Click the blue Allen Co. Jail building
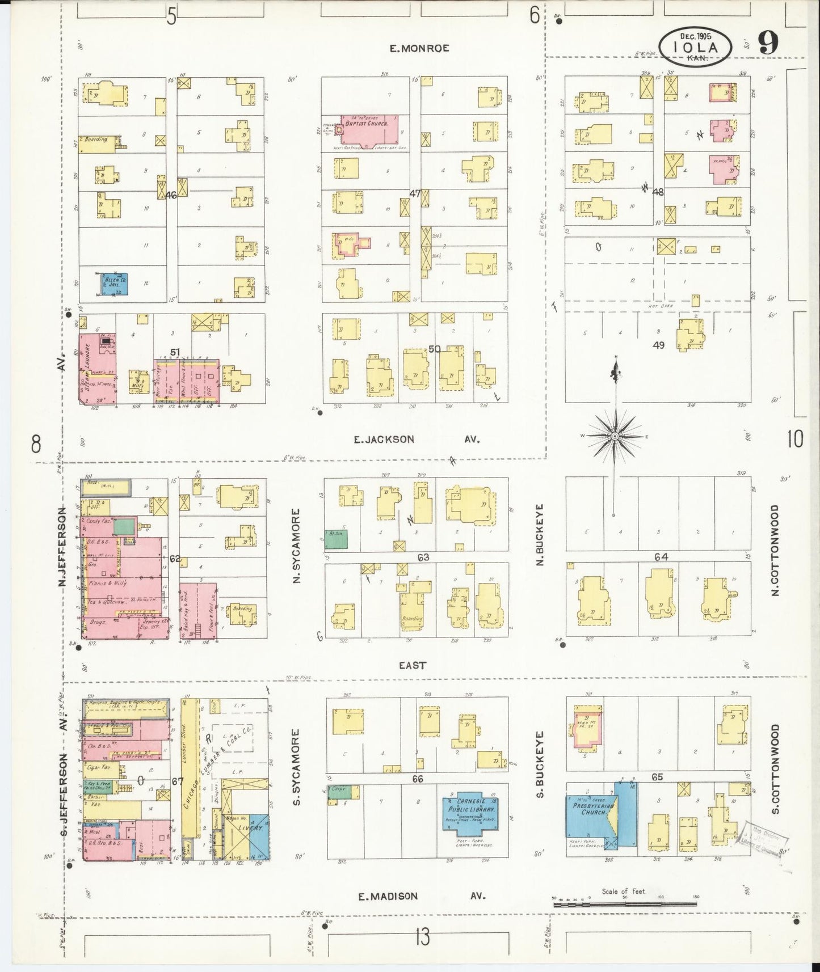(115, 284)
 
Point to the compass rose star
(615, 436)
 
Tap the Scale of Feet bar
(625, 905)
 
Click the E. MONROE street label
(419, 49)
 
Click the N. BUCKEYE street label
(540, 534)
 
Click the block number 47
(415, 193)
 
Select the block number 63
(423, 557)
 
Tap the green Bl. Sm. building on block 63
(336, 539)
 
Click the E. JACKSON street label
(384, 439)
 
